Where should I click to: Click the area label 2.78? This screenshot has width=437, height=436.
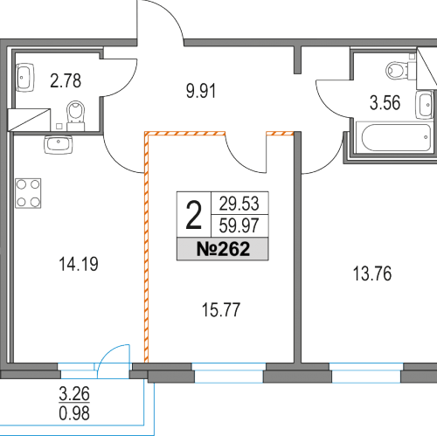(66, 81)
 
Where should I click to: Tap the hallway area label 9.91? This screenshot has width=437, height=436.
(201, 91)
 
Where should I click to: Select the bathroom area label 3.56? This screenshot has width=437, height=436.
(385, 103)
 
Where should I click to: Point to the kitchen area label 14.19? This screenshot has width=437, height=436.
(79, 264)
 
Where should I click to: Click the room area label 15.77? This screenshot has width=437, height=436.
(221, 309)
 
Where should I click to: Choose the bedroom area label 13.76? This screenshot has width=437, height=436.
(372, 273)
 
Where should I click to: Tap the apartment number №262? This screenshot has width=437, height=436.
(223, 249)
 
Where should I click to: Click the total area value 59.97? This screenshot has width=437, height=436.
(239, 225)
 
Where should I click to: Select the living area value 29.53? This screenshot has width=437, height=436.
(239, 204)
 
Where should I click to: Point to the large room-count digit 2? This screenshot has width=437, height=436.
(194, 216)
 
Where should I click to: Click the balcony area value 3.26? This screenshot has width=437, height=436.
(74, 394)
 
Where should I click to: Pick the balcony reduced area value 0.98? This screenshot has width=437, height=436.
(74, 413)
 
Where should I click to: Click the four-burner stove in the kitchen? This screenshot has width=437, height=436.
(28, 193)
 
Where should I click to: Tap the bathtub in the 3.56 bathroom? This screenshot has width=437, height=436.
(396, 138)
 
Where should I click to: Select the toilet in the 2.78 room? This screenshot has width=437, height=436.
(76, 115)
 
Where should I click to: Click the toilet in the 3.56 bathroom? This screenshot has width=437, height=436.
(399, 71)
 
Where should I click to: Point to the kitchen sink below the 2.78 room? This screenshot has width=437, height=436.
(59, 145)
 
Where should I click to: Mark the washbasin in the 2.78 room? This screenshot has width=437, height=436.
(24, 78)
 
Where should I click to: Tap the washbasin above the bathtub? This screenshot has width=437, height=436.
(424, 105)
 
